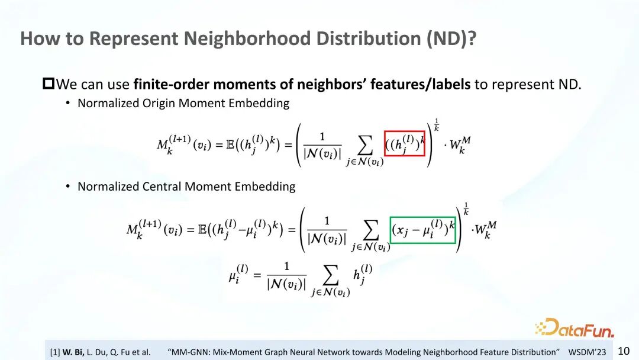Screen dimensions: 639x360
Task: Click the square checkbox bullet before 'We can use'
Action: (x=49, y=83)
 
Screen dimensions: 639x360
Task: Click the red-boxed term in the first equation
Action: (x=405, y=143)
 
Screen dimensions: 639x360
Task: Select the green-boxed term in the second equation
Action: (x=422, y=230)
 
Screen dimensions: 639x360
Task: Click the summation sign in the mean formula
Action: (x=331, y=275)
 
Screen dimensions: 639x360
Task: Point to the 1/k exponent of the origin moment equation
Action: (x=437, y=125)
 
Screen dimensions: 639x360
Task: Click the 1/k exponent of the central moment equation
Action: (x=466, y=209)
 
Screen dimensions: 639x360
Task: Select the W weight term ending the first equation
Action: (x=460, y=145)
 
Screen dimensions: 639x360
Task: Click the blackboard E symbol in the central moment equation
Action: (x=202, y=230)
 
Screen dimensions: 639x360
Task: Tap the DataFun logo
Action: (x=575, y=328)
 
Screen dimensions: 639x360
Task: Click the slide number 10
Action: (x=624, y=351)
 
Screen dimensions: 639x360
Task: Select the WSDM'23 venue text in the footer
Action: (x=588, y=352)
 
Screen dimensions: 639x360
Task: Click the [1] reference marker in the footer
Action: (x=55, y=352)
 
